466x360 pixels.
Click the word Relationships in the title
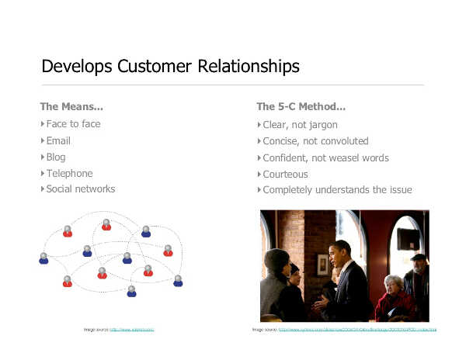(x=245, y=66)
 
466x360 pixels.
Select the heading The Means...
(x=71, y=106)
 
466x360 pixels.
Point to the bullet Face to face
(x=73, y=124)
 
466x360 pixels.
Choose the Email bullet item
(x=58, y=141)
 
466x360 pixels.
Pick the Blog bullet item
(x=56, y=157)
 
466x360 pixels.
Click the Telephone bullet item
(x=69, y=174)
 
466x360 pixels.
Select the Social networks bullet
(x=80, y=189)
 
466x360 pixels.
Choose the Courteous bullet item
(x=285, y=175)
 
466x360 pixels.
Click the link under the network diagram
(x=132, y=330)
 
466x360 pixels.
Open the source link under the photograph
(x=357, y=330)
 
